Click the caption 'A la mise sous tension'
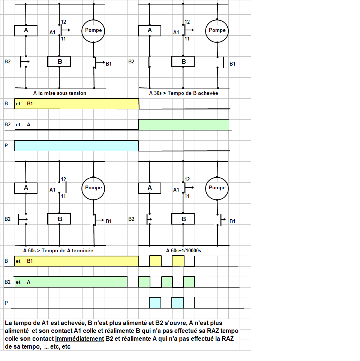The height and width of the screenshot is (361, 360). coord(60,93)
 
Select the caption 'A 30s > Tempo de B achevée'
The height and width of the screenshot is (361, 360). coord(183,93)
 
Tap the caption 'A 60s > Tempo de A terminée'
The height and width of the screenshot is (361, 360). coord(58,250)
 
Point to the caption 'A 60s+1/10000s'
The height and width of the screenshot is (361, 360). coord(183,250)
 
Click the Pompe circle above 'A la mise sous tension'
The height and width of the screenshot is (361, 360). coord(93,30)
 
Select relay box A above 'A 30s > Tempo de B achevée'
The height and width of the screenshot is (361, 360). coord(150,30)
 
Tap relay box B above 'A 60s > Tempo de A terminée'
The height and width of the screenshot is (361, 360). coord(60,219)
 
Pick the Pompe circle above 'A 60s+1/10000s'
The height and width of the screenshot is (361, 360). coord(217,188)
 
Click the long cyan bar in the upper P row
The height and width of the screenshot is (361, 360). coord(76,146)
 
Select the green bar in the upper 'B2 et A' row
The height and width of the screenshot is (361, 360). coord(183,124)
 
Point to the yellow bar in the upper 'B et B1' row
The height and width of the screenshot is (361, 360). coord(76,103)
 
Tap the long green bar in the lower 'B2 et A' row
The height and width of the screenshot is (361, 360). coord(70,282)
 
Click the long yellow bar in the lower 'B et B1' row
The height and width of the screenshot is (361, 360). coord(76,261)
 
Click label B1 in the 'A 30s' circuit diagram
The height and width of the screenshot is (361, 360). coord(232,64)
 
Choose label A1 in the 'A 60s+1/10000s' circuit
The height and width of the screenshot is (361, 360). coord(176,190)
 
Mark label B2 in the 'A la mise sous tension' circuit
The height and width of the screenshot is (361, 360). coord(8,61)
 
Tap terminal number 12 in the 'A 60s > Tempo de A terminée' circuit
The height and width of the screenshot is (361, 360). coord(63,180)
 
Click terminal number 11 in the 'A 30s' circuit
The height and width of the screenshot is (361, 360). coord(187,39)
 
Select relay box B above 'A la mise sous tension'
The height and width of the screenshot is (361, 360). coord(60,61)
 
